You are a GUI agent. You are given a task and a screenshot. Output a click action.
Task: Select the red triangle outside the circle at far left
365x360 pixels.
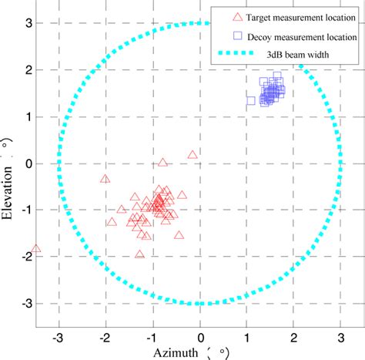35,249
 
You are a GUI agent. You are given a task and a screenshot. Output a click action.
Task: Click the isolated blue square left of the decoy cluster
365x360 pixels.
251,100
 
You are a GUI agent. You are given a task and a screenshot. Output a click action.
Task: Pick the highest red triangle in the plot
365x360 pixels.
193,155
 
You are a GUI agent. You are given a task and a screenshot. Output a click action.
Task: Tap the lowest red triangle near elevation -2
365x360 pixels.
140,254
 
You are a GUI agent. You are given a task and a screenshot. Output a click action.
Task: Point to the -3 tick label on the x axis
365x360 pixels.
58,337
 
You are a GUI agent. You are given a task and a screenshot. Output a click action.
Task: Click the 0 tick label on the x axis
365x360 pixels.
200,337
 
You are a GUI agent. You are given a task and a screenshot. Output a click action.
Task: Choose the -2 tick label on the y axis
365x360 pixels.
23,257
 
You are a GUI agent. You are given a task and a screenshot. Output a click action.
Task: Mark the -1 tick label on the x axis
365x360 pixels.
152,337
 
